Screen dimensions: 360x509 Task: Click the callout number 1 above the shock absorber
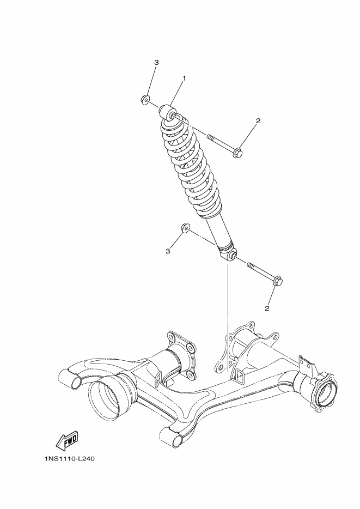point(184,78)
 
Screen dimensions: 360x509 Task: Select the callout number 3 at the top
point(156,62)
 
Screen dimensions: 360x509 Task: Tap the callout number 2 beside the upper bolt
point(258,121)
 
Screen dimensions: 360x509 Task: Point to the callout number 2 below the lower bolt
point(267,308)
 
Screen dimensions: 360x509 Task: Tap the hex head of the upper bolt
point(237,152)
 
